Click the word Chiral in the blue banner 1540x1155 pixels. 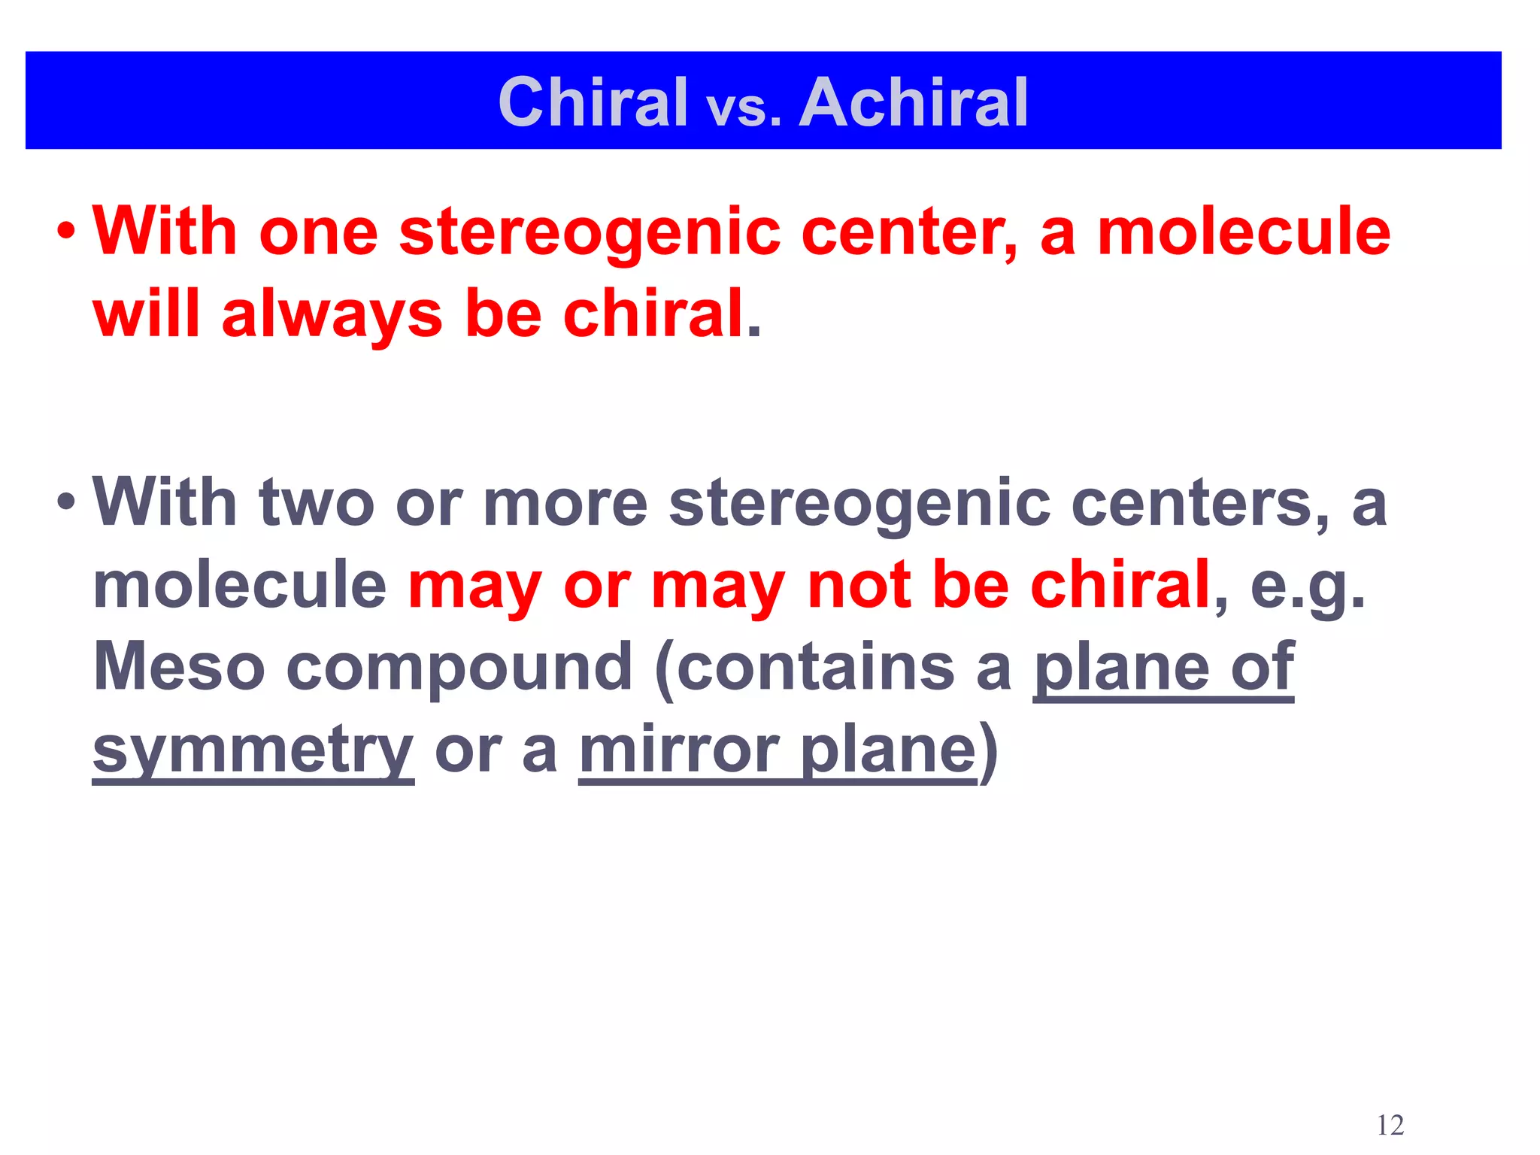tap(593, 102)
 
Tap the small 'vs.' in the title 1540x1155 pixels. tap(744, 110)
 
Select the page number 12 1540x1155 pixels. tap(1390, 1125)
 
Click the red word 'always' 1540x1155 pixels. tap(332, 314)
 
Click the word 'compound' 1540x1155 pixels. tap(459, 668)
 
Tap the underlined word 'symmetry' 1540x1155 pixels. tap(253, 750)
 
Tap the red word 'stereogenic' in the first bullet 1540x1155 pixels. tap(590, 233)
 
